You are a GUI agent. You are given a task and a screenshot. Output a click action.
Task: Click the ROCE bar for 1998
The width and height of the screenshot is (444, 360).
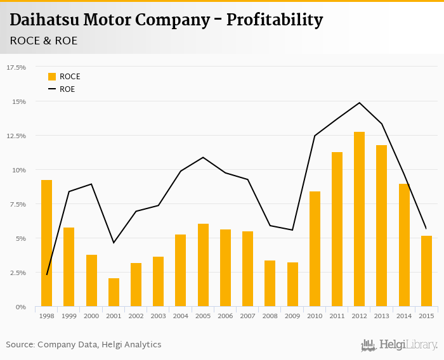[x=46, y=243]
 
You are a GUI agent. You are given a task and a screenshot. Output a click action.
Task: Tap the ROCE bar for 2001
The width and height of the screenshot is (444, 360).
[x=114, y=292]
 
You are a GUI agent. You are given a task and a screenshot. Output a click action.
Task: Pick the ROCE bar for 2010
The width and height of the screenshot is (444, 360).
[x=315, y=249]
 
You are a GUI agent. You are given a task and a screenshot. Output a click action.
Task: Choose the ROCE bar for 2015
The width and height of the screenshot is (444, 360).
[x=426, y=271]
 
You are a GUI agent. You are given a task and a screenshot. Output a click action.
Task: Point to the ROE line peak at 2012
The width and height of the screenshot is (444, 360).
[x=359, y=103]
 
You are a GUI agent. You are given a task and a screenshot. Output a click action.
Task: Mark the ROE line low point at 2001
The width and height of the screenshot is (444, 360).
[x=114, y=243]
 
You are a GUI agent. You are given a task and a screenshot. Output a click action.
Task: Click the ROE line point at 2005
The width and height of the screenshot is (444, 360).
[x=203, y=157]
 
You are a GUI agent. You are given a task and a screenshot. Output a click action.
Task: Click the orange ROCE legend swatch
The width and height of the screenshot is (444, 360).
[x=52, y=77]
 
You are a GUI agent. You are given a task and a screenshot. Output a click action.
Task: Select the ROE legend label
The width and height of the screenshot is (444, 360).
[x=67, y=89]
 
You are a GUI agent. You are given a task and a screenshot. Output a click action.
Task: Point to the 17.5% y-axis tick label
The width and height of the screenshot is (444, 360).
[x=16, y=67]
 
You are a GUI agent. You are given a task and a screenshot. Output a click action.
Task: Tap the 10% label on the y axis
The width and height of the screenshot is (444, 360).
[x=19, y=170]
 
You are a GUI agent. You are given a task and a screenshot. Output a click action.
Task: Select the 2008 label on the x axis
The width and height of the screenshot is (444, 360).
[x=270, y=315]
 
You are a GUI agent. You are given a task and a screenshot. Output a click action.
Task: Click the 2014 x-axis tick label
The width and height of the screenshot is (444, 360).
[x=403, y=315]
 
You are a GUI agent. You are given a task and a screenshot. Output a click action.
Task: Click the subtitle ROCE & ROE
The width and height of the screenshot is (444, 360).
[x=44, y=41]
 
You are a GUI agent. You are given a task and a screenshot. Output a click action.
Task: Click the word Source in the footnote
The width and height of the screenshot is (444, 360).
[x=20, y=345]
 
